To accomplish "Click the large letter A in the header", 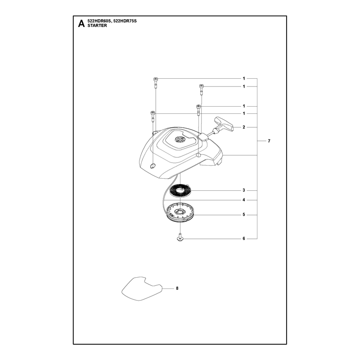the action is [81, 23].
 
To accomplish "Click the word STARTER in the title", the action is [97, 26].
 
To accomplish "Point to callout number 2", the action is [244, 127].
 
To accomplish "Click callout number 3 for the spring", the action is [244, 190].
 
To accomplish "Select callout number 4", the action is [244, 200].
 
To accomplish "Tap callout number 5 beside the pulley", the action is [244, 215].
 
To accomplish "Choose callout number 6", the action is [244, 239].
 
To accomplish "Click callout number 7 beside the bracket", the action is [269, 141].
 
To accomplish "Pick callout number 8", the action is [177, 288].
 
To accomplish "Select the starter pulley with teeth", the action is [180, 213].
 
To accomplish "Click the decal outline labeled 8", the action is [142, 288].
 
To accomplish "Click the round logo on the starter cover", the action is [179, 139].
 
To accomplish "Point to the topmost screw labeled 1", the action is [155, 82].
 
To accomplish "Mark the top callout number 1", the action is [244, 78].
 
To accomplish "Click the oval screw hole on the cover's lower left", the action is [152, 166].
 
